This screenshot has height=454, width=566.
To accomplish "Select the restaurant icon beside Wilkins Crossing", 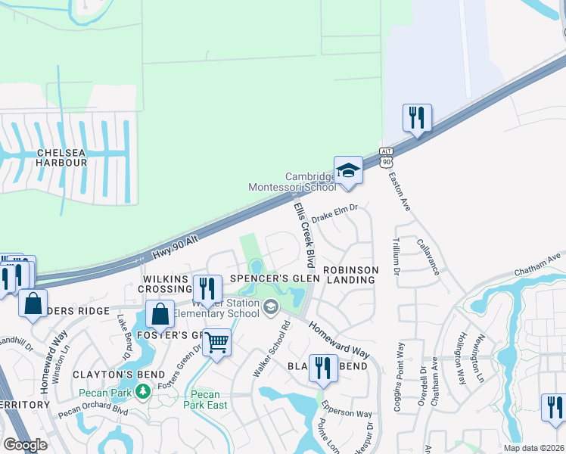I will [207, 288].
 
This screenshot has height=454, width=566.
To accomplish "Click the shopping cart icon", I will [217, 342].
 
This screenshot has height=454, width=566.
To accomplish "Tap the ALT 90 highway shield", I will [387, 157].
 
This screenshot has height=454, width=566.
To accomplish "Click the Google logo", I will [26, 445].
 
